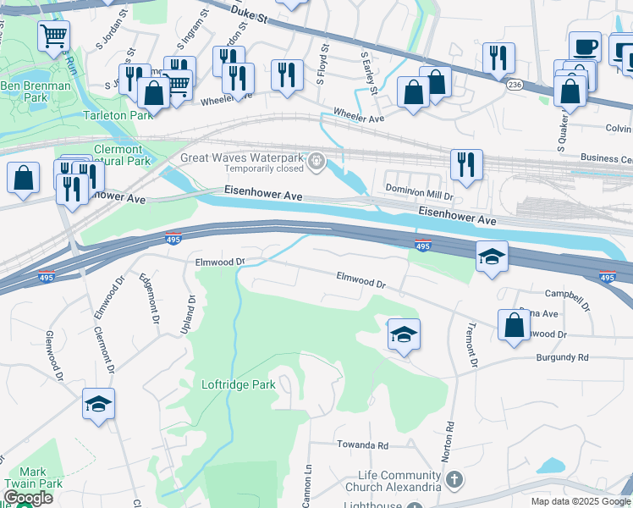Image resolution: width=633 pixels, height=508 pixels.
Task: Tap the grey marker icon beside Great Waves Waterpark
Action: [x=316, y=160]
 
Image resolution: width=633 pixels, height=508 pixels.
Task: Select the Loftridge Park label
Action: [x=239, y=384]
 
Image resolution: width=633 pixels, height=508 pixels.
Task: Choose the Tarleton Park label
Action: [x=117, y=115]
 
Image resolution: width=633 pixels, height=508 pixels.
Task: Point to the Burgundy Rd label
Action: [x=561, y=357]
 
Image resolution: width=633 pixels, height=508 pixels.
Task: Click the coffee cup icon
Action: [x=584, y=46]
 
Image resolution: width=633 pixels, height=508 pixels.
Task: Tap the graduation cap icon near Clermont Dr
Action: [x=98, y=404]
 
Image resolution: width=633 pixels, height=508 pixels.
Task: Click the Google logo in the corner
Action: [x=28, y=499]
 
